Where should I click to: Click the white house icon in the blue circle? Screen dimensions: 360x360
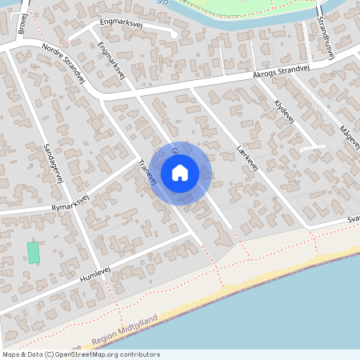[180, 172]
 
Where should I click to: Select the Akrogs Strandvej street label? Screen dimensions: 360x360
[280, 71]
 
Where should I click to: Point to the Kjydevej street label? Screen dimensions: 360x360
[285, 113]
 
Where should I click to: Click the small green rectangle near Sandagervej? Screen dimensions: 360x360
[34, 251]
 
